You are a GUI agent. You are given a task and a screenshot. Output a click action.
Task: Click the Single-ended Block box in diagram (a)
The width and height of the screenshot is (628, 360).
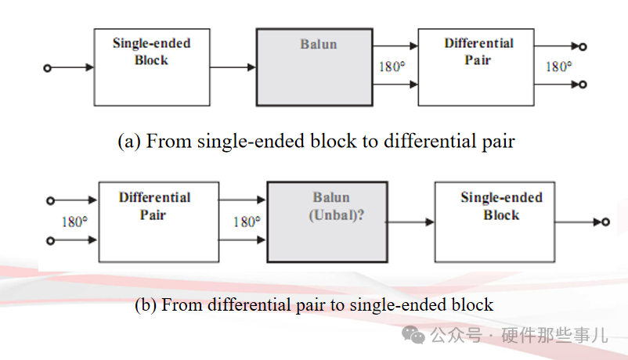(x=151, y=67)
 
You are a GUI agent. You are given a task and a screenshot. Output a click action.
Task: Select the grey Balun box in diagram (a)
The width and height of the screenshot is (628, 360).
(x=314, y=67)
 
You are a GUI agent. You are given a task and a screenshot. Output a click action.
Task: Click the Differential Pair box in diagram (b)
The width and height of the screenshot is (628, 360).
(x=158, y=221)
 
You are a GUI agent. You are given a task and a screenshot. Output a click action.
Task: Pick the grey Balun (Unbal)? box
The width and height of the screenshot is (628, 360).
(x=327, y=221)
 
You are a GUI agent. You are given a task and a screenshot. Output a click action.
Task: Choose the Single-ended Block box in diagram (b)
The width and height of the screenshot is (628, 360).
(x=495, y=222)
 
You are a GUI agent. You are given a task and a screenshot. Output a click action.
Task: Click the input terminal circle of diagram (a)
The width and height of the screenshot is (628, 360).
(x=47, y=68)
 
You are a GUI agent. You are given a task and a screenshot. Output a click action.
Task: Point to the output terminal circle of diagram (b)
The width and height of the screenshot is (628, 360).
(x=605, y=222)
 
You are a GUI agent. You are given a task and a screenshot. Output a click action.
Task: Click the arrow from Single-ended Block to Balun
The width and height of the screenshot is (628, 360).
(x=232, y=68)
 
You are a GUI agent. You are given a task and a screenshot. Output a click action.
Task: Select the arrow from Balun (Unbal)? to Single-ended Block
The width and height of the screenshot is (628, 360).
(x=410, y=222)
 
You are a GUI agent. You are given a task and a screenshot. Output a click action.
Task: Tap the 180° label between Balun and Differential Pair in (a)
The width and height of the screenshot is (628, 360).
(x=392, y=67)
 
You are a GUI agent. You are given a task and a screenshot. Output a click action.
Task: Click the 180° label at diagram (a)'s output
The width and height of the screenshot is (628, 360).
(x=558, y=67)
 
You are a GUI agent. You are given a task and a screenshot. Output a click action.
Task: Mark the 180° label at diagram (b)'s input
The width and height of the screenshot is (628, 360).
(x=74, y=221)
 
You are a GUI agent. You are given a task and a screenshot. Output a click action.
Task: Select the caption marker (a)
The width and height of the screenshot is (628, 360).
(x=129, y=142)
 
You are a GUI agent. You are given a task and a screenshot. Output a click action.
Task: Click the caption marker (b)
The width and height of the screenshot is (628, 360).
(x=146, y=305)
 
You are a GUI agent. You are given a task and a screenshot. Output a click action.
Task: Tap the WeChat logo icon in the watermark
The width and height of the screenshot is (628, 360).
(x=414, y=335)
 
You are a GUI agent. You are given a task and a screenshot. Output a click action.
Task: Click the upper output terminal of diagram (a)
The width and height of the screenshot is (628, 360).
(x=583, y=48)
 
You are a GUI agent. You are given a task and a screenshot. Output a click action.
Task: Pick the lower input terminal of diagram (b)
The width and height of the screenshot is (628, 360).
(x=51, y=241)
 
